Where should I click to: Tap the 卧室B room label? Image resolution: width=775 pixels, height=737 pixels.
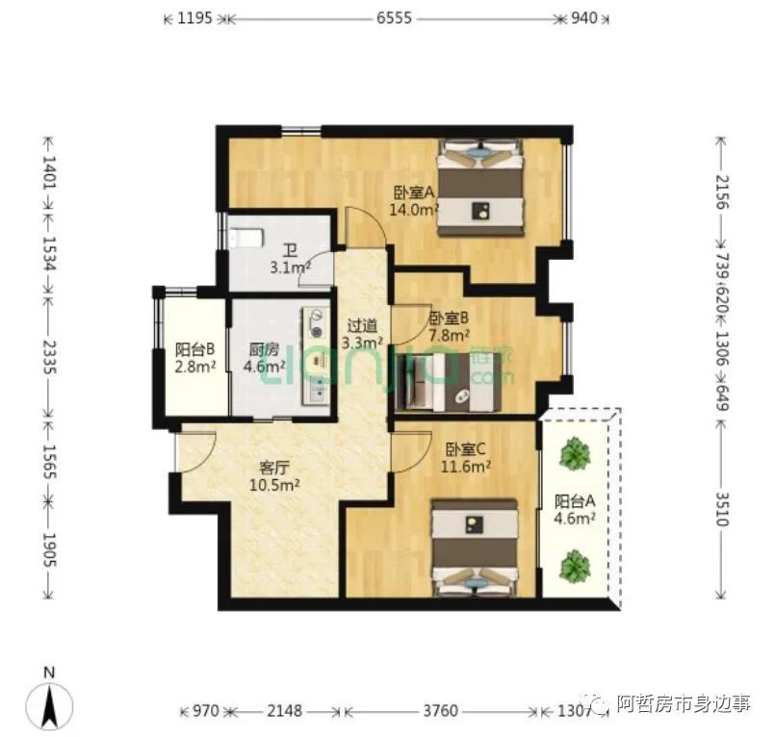[449, 318]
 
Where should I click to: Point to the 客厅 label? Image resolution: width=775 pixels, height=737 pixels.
[274, 469]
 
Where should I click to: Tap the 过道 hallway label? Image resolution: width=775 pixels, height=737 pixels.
[362, 325]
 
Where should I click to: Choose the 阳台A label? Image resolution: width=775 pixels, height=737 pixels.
[575, 501]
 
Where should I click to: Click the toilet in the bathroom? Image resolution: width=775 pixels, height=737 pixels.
[246, 237]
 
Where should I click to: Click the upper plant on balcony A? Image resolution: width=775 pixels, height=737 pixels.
[575, 453]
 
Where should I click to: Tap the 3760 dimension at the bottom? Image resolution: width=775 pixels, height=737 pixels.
[441, 712]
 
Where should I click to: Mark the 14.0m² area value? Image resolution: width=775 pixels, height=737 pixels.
[414, 208]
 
